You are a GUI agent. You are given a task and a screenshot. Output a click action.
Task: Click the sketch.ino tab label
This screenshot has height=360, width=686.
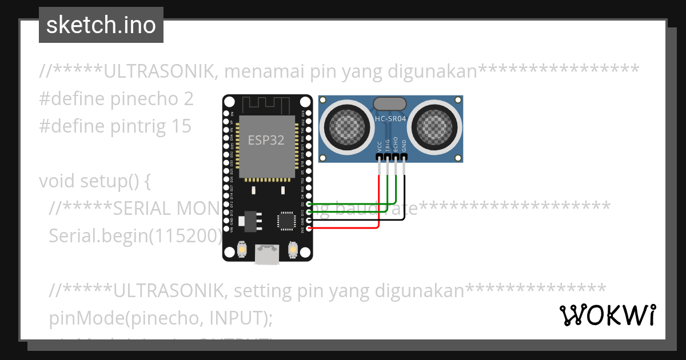[101, 25]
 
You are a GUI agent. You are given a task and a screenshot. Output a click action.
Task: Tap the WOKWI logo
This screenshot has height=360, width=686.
[607, 315]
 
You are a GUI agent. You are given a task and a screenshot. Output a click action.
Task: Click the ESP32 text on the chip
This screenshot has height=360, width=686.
[266, 140]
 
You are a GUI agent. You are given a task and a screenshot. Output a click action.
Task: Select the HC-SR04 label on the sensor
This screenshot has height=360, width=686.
[390, 118]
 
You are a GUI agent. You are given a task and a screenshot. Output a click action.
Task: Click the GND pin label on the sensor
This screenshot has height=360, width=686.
[404, 146]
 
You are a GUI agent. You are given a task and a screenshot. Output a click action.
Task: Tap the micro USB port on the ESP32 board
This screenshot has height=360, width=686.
[267, 254]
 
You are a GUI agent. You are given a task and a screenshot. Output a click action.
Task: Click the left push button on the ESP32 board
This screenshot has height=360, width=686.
[242, 250]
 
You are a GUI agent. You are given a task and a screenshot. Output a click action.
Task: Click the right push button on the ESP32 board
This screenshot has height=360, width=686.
[293, 250]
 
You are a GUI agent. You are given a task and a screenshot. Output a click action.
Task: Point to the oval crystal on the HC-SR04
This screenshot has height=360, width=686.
[390, 103]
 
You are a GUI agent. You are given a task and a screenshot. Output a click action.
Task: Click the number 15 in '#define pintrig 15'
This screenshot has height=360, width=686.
[181, 126]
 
